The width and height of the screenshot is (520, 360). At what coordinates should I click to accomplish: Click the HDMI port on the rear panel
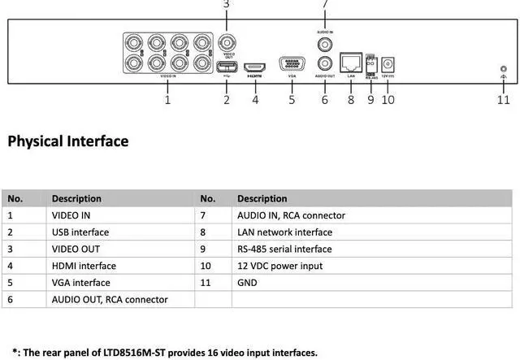254,63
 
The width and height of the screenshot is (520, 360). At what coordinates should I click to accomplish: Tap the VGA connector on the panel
292,63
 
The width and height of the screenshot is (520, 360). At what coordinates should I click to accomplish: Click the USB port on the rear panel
227,67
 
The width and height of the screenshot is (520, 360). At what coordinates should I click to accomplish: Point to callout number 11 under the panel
504,100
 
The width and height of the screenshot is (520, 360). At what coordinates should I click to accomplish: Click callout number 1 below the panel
167,100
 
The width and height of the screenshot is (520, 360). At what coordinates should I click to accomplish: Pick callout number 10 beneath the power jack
388,100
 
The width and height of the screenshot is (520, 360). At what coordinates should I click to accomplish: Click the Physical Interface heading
68,141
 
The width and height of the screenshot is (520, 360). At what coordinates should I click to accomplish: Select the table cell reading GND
247,283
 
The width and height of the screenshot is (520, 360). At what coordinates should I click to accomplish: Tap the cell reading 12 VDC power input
279,266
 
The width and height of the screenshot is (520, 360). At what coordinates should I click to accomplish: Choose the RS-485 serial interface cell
284,249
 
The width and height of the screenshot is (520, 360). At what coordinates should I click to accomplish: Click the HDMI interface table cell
84,266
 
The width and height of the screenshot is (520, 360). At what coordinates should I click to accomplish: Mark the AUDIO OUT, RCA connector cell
110,300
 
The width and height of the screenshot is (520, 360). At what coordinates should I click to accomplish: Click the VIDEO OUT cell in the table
76,249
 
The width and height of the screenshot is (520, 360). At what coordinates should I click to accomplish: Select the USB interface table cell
80,232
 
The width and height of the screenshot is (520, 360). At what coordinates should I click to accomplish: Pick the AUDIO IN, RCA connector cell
291,215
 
